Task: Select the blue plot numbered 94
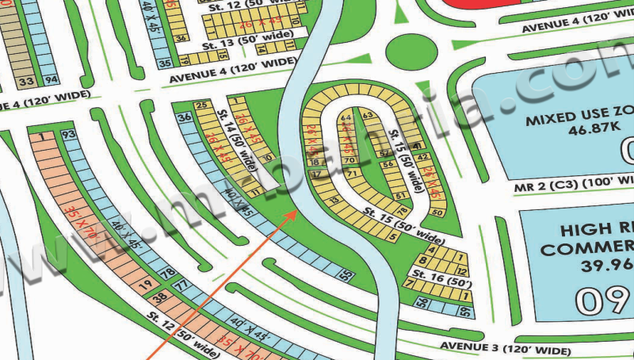51,80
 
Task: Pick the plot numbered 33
26,81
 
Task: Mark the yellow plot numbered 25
201,105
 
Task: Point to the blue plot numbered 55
346,275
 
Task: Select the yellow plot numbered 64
346,117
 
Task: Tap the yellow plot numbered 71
349,171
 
